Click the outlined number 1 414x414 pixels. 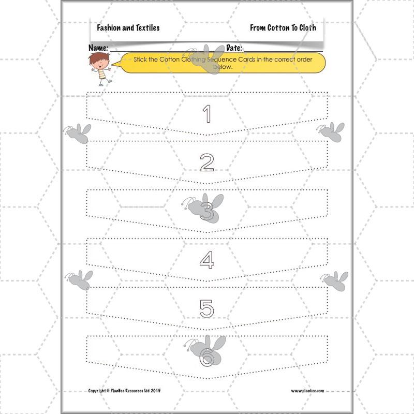(207, 114)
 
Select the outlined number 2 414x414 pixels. (207, 162)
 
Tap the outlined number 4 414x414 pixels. (207, 260)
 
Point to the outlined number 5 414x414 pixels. (207, 308)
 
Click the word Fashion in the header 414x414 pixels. (110, 28)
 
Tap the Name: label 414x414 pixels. (98, 48)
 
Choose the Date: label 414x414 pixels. (235, 48)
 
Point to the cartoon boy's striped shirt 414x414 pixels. (101, 74)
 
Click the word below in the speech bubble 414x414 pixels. (223, 67)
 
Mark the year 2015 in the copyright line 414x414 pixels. (155, 391)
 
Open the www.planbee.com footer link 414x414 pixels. (307, 391)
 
